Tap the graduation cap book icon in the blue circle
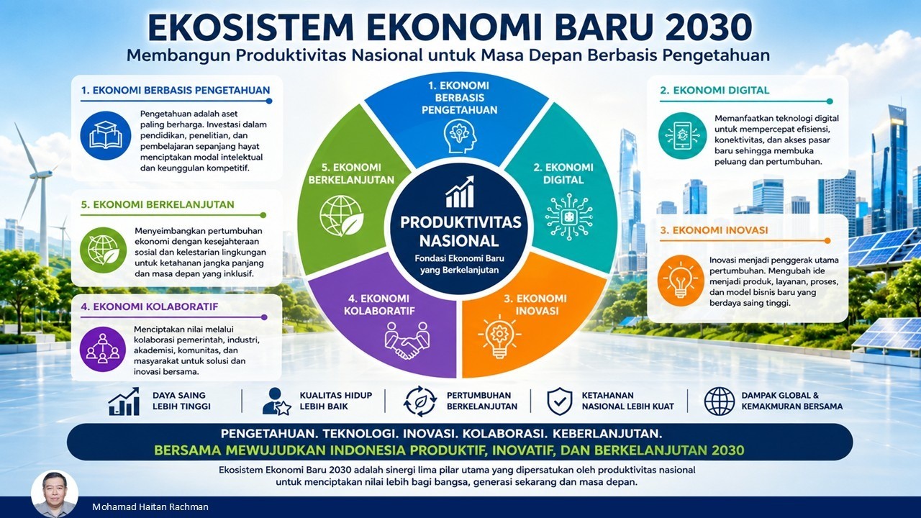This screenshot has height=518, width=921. coord(106,135)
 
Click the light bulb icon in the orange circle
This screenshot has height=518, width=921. coord(680,281)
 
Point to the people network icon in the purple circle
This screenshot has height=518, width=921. coord(102,349)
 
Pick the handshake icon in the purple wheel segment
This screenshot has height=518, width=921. coord(407,340)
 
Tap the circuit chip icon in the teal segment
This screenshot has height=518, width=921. coord(569,217)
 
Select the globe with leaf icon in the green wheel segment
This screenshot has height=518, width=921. coord(341,216)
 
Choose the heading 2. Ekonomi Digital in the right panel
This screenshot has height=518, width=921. coord(714,91)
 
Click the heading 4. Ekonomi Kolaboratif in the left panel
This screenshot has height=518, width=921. coord(149,306)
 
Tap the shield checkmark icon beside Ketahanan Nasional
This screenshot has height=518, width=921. coord(560,401)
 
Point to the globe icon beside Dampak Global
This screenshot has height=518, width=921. coord(719,401)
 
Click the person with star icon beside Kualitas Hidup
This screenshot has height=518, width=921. coord(276,401)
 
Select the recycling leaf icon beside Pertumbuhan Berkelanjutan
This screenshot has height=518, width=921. coord(420,401)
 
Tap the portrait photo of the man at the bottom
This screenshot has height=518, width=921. coord(54,494)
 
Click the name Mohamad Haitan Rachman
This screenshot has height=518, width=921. coord(150,507)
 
